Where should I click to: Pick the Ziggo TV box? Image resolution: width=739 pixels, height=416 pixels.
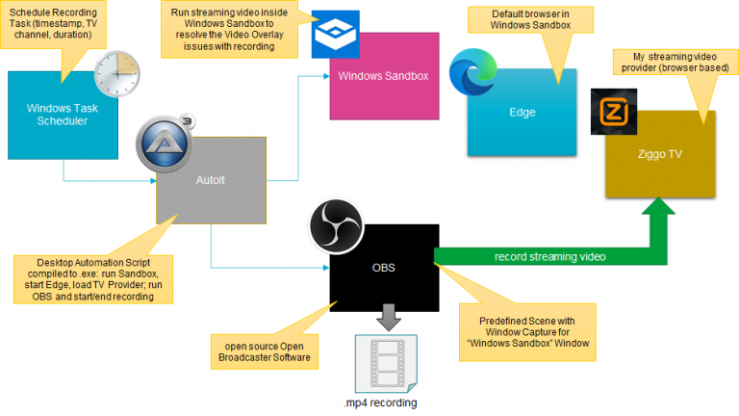661,154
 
